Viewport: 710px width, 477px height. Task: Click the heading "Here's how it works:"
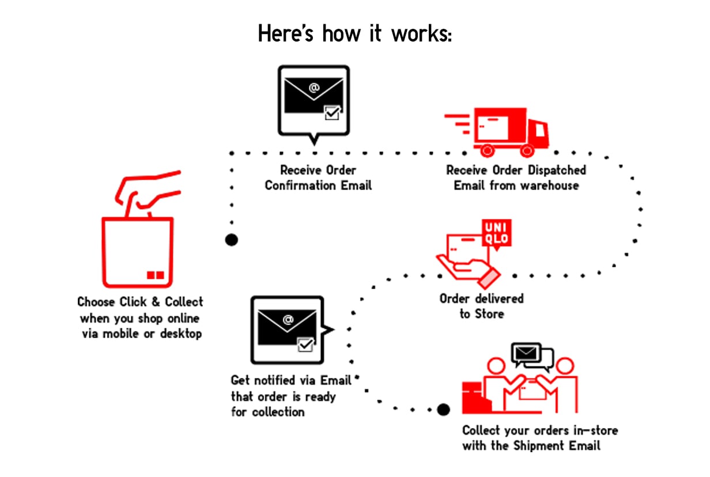coord(354,33)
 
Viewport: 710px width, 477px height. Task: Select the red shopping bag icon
coord(138,252)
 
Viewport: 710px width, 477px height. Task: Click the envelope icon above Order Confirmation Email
coord(314,100)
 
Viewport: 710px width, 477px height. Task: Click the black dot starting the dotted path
coord(231,240)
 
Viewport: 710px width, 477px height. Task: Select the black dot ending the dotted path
coord(443,410)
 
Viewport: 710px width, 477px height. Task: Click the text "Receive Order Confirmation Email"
coord(318,178)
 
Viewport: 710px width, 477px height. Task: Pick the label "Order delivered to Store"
coord(482,306)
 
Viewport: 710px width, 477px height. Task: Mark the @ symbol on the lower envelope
coord(287,318)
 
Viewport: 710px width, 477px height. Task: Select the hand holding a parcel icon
coord(468,259)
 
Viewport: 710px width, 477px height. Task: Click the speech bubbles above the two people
coord(532,356)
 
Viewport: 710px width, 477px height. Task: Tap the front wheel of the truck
coord(526,151)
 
